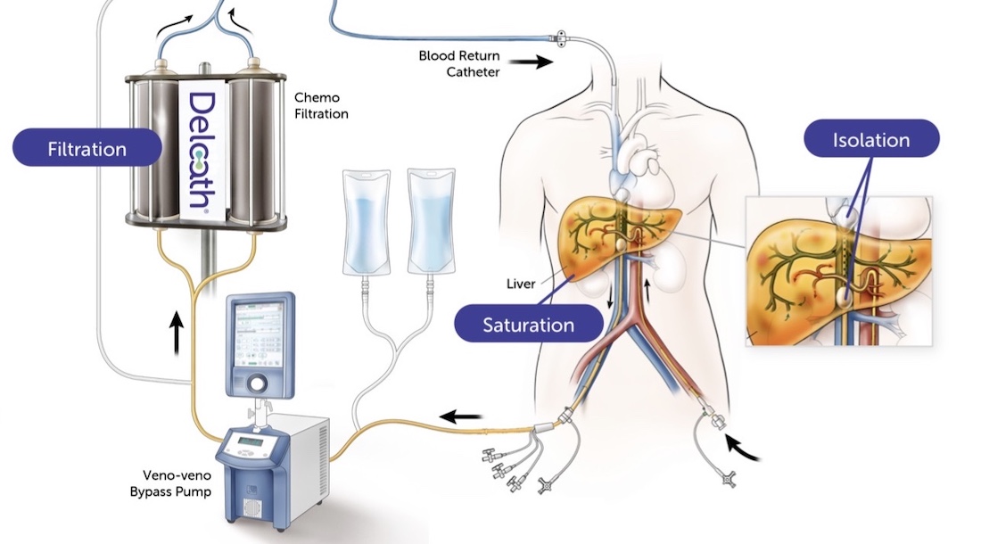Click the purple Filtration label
click(x=87, y=148)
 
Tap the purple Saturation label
click(x=529, y=325)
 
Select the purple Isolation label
click(x=871, y=140)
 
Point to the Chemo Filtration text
click(x=321, y=105)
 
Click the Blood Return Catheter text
click(x=459, y=62)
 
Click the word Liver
click(x=520, y=284)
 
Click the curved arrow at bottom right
click(x=746, y=449)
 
